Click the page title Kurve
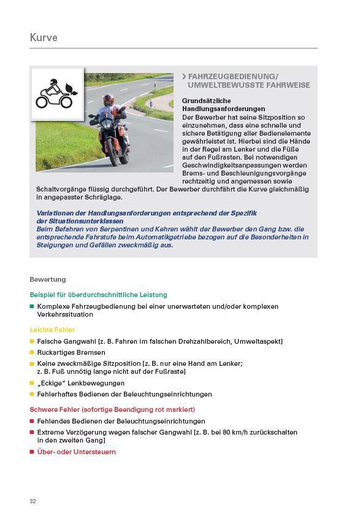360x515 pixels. pyautogui.click(x=44, y=38)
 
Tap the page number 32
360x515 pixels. pyautogui.click(x=33, y=501)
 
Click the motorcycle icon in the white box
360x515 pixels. pyautogui.click(x=57, y=94)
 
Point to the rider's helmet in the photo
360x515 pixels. pyautogui.click(x=109, y=99)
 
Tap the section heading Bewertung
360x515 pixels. pyautogui.click(x=48, y=279)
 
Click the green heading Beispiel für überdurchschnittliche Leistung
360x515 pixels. pyautogui.click(x=98, y=295)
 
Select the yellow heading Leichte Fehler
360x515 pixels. pyautogui.click(x=52, y=330)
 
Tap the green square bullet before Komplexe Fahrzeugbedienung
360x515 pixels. pyautogui.click(x=32, y=306)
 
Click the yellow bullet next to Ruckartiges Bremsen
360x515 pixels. pyautogui.click(x=32, y=353)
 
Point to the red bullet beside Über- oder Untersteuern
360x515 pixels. pyautogui.click(x=32, y=452)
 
